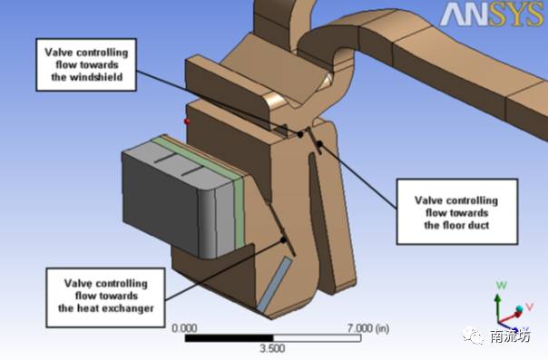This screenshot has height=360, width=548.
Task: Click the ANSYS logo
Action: coord(492,14)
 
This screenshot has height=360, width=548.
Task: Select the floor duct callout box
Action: coord(457,211)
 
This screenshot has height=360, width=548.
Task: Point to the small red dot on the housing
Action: coord(187,122)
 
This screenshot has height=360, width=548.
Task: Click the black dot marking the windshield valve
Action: coord(300,134)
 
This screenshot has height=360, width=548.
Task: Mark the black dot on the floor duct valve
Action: coord(319,143)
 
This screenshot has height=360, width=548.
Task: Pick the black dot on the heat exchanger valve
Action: coord(283,240)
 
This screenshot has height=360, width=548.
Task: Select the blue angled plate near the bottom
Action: coord(274,284)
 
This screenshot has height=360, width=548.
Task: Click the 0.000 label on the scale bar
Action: coord(184,328)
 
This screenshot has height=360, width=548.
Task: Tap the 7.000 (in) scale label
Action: coord(368,328)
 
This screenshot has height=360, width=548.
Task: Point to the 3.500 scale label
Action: coord(272,348)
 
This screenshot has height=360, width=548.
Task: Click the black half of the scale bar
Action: coord(229,338)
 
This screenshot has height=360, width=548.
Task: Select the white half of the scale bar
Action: coord(317,338)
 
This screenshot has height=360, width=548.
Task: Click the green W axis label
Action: coord(502,286)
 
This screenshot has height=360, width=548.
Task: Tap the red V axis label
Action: coord(530,306)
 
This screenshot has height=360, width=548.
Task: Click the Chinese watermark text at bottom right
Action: coord(510,336)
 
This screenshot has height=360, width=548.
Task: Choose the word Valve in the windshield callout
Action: coord(59,53)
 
